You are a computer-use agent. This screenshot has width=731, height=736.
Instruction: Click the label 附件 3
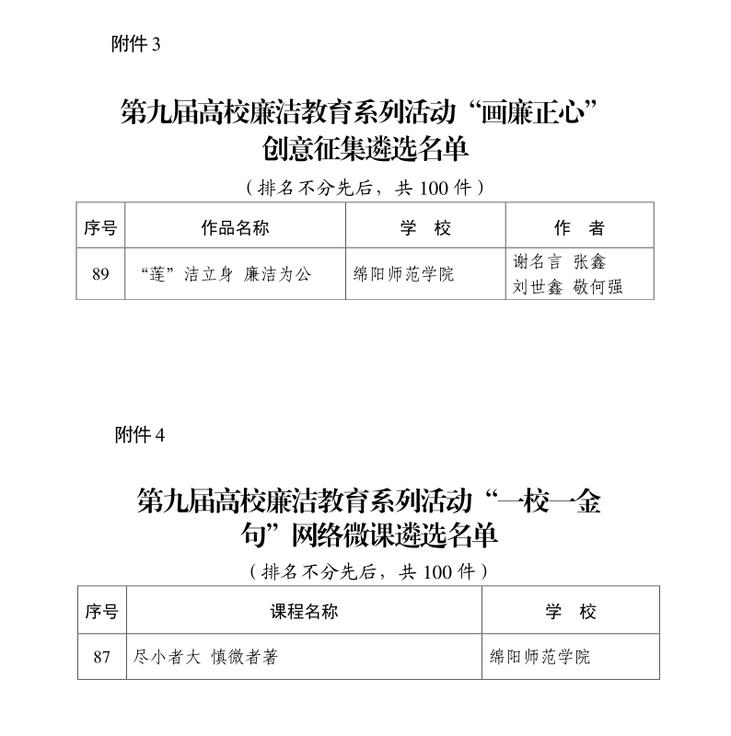click(135, 44)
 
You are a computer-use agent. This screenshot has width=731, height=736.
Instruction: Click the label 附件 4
click(140, 435)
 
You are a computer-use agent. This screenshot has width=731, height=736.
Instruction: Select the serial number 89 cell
click(100, 273)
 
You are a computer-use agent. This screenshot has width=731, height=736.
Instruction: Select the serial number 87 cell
click(102, 657)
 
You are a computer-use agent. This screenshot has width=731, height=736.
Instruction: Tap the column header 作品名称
click(235, 228)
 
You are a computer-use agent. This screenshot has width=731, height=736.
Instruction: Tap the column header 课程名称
click(304, 611)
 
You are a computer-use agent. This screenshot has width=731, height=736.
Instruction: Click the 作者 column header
click(579, 228)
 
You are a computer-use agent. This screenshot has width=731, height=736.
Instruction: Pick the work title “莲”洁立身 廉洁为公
click(226, 274)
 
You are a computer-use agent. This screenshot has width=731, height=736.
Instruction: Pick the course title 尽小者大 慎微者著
click(205, 657)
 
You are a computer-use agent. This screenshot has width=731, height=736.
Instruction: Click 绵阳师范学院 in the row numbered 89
click(403, 274)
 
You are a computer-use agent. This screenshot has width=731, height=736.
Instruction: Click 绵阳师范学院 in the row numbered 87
click(540, 657)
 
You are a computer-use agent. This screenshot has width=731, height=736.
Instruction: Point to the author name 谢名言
click(537, 261)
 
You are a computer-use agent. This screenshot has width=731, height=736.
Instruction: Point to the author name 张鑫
click(589, 261)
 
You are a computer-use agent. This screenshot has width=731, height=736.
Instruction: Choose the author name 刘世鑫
click(537, 286)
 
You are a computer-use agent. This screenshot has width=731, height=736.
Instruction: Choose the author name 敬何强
click(598, 286)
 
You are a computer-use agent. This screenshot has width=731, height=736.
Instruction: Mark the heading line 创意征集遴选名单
click(365, 149)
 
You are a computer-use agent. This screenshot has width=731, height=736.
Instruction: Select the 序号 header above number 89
click(100, 228)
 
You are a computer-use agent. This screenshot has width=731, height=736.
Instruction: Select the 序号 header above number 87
click(102, 611)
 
